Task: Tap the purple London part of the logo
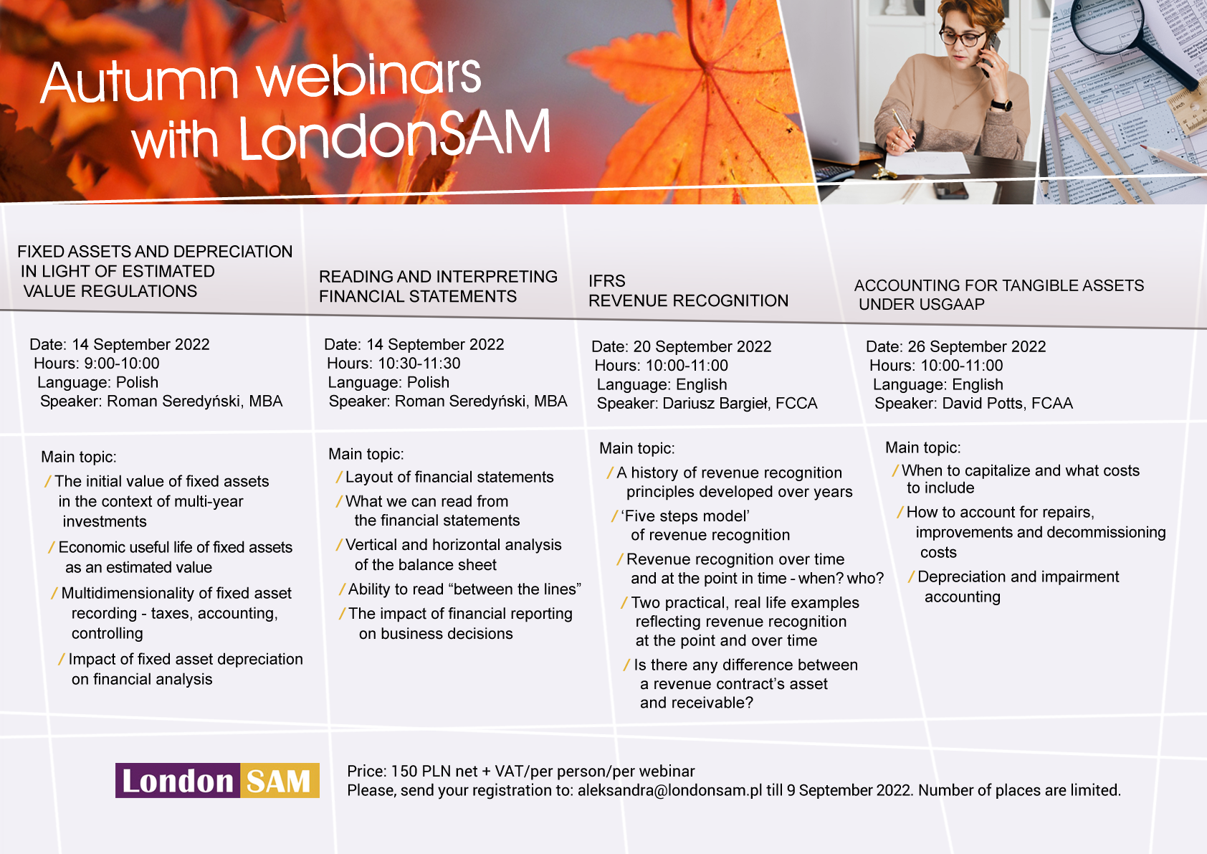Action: click(x=178, y=780)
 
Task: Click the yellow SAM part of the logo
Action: click(x=280, y=780)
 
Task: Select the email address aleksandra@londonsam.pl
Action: click(x=669, y=790)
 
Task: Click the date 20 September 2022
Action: click(x=702, y=346)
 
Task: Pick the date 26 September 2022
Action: click(x=977, y=346)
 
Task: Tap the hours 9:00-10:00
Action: click(x=122, y=364)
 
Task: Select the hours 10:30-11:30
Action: click(x=419, y=364)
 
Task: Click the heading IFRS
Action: click(x=607, y=281)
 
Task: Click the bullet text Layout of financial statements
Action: click(x=449, y=477)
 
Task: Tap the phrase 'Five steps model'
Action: click(x=685, y=516)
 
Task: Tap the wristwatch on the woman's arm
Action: click(x=1001, y=105)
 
